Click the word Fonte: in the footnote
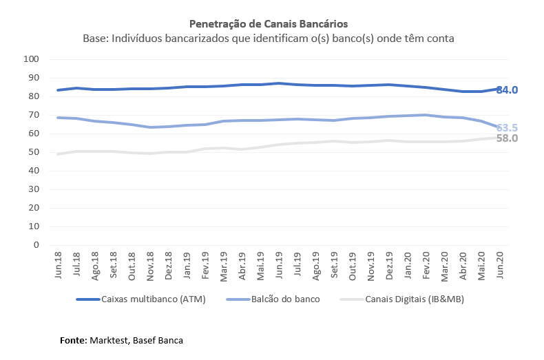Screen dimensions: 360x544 coord(73,340)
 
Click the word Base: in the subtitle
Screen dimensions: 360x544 coord(96,39)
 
